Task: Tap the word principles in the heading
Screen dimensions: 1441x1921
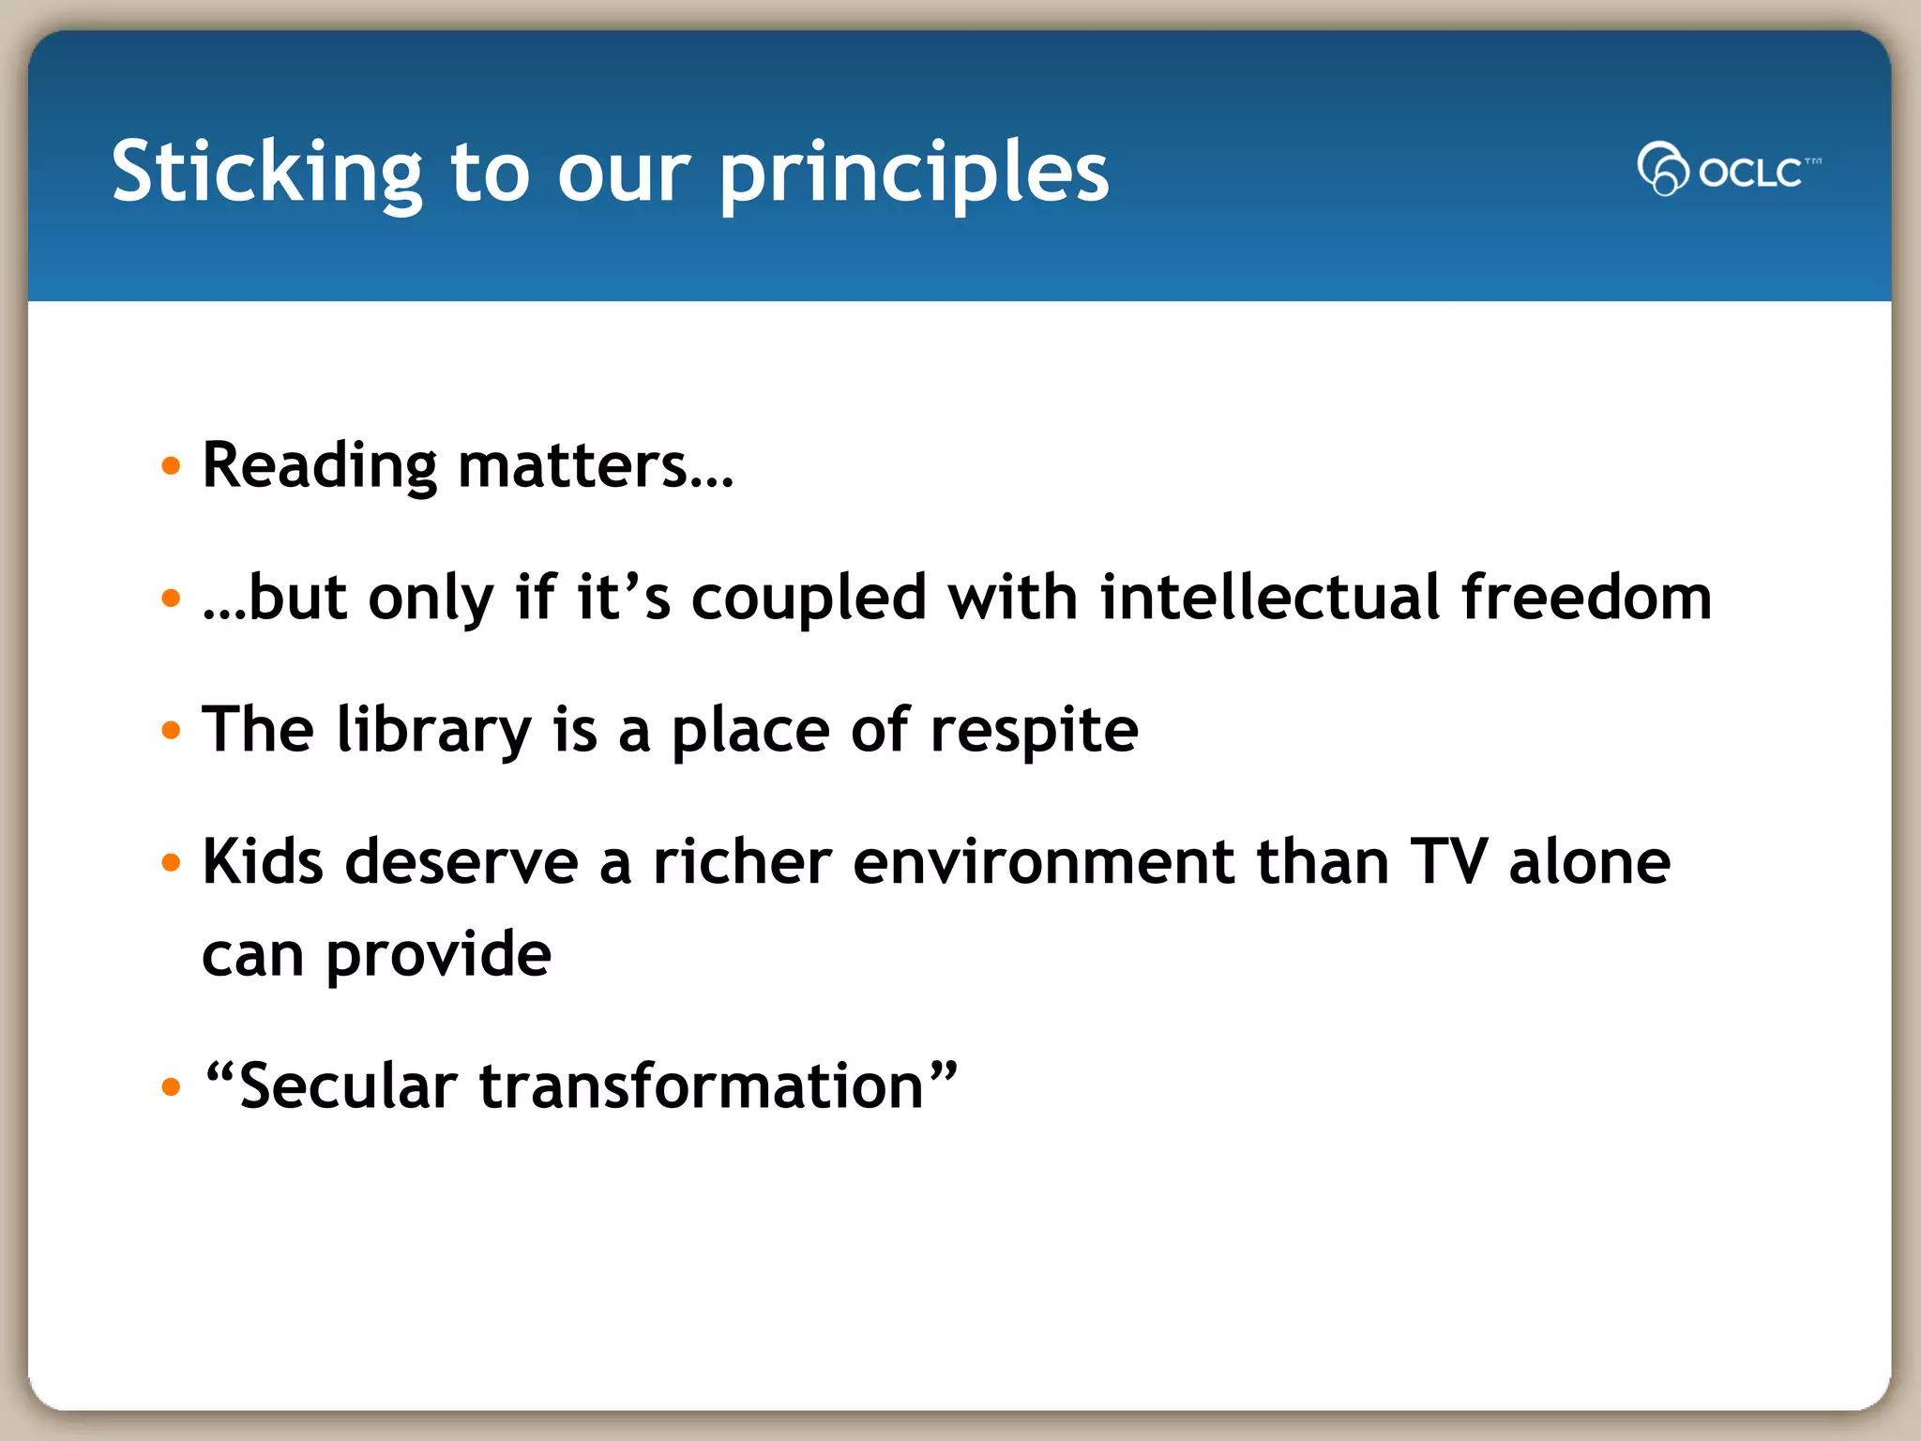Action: [x=915, y=174]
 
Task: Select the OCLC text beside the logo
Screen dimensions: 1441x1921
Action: [x=1750, y=173]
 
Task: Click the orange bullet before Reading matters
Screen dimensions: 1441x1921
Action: [x=170, y=466]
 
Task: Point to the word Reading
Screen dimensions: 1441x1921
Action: [x=319, y=466]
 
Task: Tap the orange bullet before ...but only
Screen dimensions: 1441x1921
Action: [x=170, y=599]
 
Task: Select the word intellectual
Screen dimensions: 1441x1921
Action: [x=1269, y=599]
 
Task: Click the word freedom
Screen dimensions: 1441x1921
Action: [x=1586, y=599]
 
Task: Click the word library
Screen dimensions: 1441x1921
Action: [x=433, y=731]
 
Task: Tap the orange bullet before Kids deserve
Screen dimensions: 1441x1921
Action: [x=170, y=862]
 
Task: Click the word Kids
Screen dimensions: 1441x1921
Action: [x=263, y=862]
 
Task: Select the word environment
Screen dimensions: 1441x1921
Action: [x=1043, y=862]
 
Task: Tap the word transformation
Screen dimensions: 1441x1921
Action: [x=702, y=1086]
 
